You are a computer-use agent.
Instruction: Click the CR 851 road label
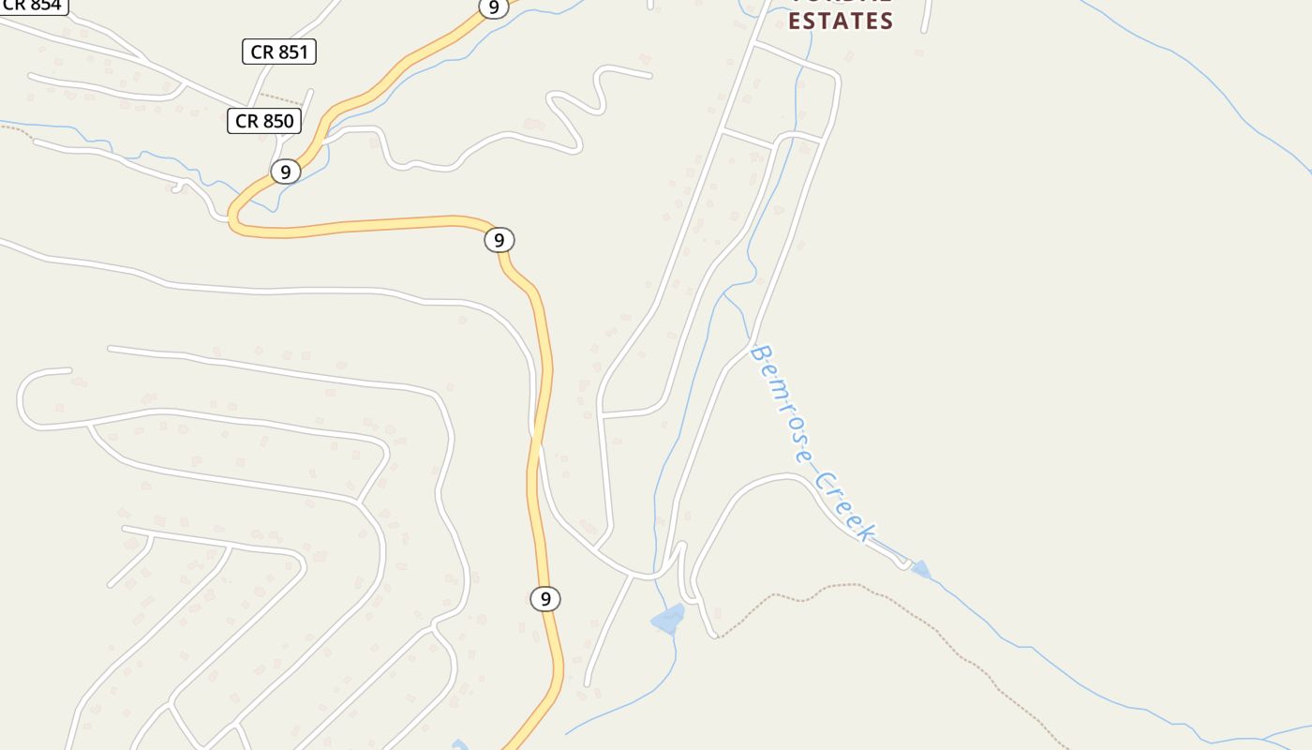click(279, 52)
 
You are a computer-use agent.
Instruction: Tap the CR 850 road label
click(264, 121)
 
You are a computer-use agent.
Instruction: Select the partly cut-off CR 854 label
click(33, 5)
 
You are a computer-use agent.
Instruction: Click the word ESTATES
click(841, 22)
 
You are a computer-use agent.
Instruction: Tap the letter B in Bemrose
click(760, 355)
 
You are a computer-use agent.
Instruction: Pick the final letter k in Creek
click(866, 534)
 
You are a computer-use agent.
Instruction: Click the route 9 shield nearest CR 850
click(285, 172)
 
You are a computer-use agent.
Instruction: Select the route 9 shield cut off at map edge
click(493, 7)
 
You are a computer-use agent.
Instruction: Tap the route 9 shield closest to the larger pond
click(544, 598)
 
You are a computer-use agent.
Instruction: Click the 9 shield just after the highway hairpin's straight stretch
click(499, 240)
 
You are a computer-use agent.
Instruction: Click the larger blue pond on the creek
click(668, 620)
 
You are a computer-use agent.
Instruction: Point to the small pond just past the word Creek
click(921, 569)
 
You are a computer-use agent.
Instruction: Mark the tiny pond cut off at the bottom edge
click(459, 745)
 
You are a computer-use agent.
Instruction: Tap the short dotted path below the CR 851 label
click(281, 98)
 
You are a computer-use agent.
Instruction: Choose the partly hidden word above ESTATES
click(841, 3)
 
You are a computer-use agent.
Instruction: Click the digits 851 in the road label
click(291, 52)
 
